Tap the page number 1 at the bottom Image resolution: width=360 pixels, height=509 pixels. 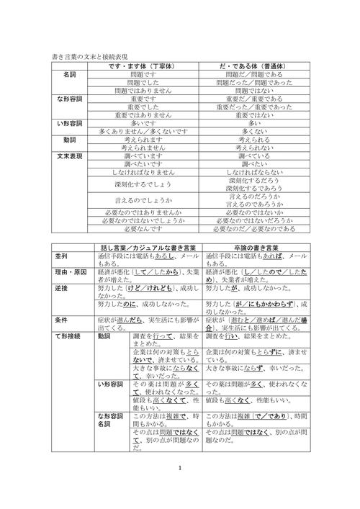click(x=180, y=487)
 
